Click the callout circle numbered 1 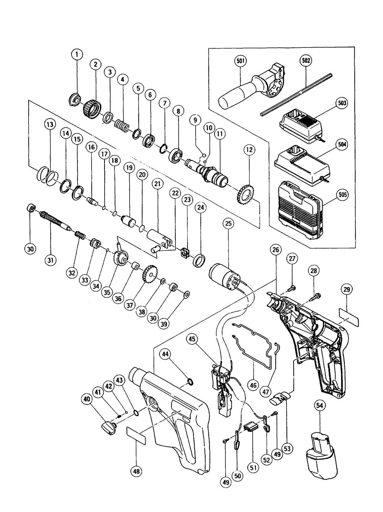(x=77, y=55)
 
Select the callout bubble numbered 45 (x=192, y=339)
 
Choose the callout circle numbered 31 (x=51, y=260)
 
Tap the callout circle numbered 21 (x=157, y=184)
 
